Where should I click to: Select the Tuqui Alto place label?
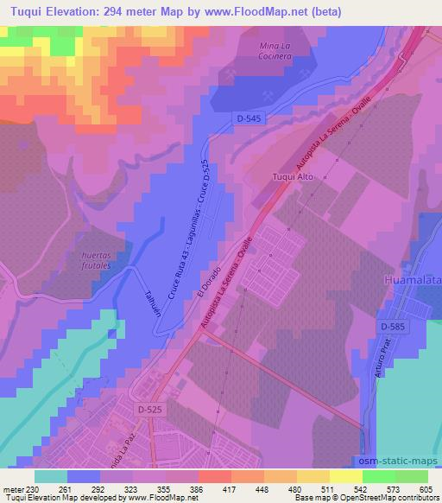291,177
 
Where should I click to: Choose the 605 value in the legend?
426,490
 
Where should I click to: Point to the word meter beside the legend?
13,490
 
